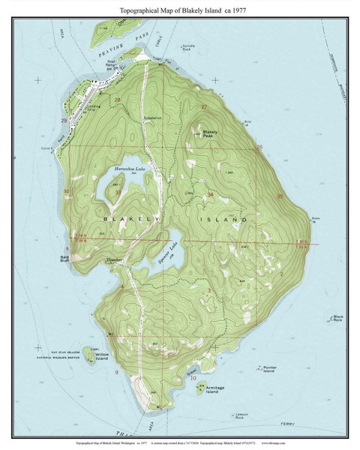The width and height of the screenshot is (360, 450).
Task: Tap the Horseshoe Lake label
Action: [127, 170]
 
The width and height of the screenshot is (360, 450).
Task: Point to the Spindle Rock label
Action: [197, 48]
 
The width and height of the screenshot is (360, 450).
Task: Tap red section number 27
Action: [205, 107]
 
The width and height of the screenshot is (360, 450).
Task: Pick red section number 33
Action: [118, 193]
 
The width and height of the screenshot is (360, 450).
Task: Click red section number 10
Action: [193, 378]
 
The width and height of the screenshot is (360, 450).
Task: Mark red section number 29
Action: [64, 120]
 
